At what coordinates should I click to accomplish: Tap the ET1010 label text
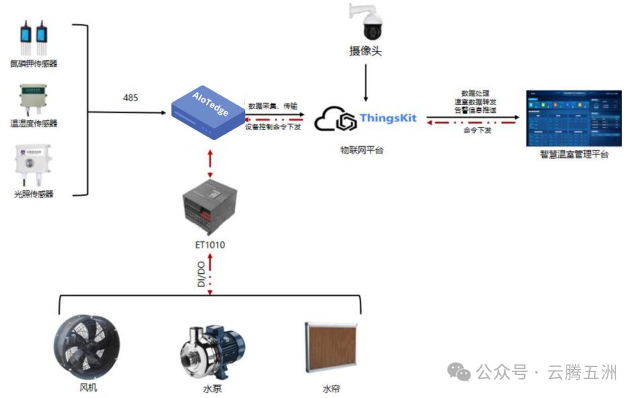(x=210, y=244)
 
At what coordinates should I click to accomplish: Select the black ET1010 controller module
(x=210, y=207)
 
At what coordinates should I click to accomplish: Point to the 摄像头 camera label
(x=366, y=51)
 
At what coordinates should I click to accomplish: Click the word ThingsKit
(x=388, y=118)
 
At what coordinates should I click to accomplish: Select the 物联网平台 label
(x=362, y=150)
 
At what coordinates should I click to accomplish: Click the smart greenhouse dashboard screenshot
(x=574, y=118)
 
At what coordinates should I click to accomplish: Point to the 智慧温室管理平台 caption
(x=574, y=155)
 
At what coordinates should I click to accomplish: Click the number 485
(x=131, y=98)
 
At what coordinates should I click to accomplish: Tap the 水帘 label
(x=331, y=389)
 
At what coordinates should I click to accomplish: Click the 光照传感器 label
(x=34, y=194)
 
